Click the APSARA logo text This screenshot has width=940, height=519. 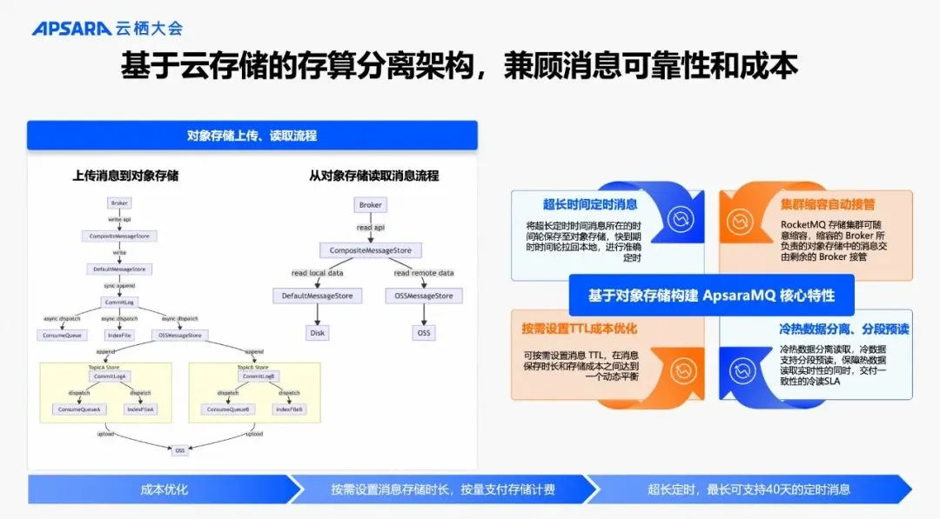(x=70, y=29)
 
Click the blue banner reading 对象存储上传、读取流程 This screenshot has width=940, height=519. (x=252, y=136)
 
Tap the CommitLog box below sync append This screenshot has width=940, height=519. (x=119, y=302)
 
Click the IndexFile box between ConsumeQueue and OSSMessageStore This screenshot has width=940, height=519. (x=118, y=335)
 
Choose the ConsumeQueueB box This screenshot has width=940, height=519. (x=226, y=409)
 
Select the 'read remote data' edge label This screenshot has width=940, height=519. (x=424, y=274)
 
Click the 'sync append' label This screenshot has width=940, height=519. (x=119, y=285)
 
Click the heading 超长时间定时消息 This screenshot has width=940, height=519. (x=590, y=205)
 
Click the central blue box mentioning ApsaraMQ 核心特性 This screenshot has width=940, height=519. (x=711, y=296)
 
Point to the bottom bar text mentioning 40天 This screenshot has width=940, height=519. (x=749, y=489)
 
